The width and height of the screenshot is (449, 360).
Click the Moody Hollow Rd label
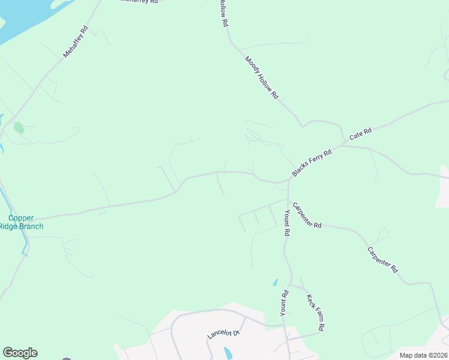click(262, 78)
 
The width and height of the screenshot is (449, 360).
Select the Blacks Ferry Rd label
click(312, 163)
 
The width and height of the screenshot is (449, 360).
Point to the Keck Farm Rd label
click(316, 313)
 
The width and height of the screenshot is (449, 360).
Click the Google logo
click(20, 353)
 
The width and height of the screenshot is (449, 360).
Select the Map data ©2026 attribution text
click(424, 355)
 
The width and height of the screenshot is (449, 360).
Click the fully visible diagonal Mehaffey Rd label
click(76, 41)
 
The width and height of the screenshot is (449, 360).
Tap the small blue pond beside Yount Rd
click(275, 282)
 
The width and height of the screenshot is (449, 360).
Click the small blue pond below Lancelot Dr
click(228, 353)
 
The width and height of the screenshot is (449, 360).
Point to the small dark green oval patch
click(19, 127)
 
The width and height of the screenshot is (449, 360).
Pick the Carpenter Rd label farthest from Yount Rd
click(383, 260)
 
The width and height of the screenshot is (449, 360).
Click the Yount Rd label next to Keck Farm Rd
click(285, 304)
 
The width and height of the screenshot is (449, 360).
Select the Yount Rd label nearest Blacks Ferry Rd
click(287, 223)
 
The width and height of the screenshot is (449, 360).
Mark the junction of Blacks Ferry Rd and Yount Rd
click(289, 180)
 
